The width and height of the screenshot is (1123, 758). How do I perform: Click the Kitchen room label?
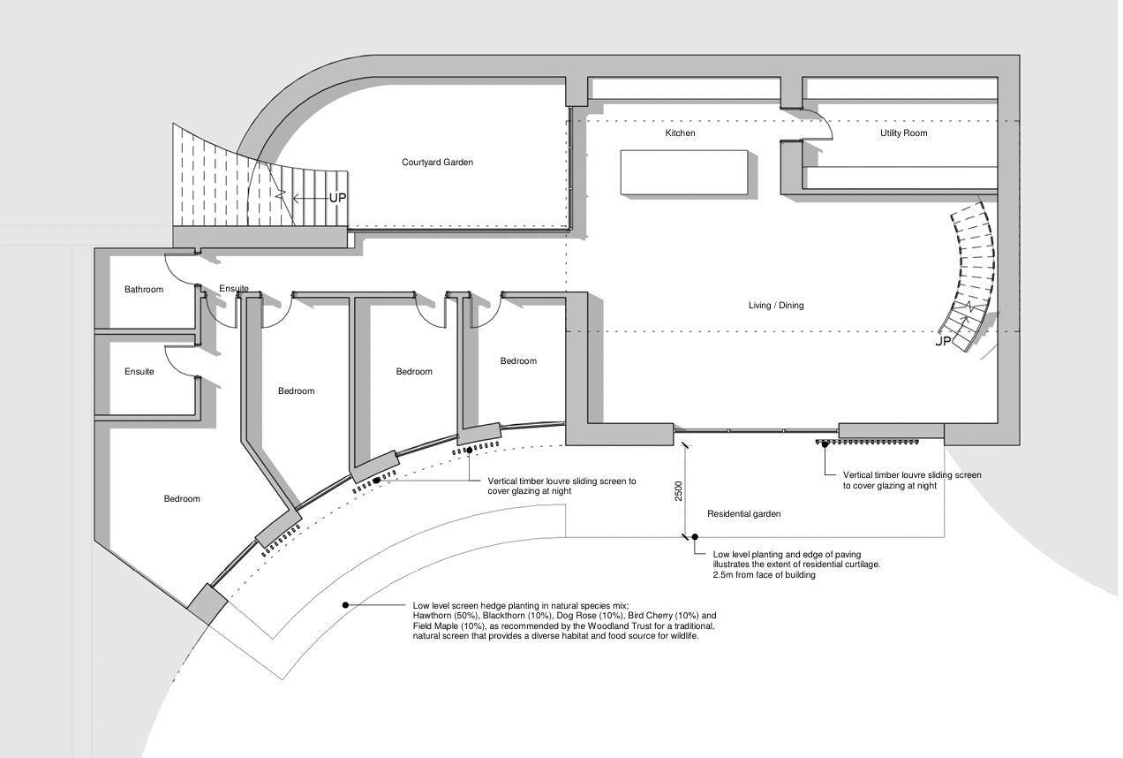680,133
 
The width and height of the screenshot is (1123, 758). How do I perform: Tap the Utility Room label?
903,133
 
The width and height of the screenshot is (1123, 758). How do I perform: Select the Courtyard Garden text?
437,163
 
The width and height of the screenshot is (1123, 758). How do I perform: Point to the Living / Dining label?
776,306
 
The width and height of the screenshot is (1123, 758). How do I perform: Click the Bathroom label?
143,290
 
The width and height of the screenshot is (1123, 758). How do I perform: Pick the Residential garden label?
743,514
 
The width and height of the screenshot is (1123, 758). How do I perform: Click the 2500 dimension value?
679,491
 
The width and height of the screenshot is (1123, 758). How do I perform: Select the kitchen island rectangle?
684,172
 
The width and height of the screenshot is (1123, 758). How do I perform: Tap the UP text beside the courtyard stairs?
338,198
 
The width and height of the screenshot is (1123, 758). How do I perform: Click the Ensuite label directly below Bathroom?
139,372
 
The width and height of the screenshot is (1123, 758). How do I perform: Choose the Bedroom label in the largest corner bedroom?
182,499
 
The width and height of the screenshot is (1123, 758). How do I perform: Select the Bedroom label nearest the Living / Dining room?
518,361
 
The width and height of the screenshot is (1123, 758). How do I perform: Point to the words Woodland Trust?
576,626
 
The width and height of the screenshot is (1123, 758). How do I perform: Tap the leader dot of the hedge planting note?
345,605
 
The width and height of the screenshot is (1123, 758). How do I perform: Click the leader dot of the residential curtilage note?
695,536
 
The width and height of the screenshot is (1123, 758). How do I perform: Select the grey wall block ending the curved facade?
207,604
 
